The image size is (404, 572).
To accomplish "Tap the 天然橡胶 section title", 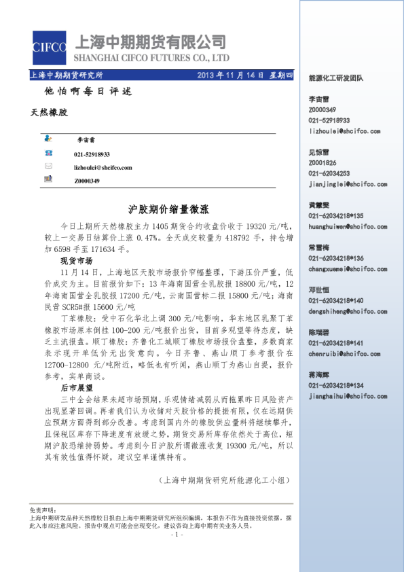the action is (x=50, y=111).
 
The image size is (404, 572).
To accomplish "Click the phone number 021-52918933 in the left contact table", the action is (x=92, y=154).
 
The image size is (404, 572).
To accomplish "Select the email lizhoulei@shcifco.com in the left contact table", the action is (x=103, y=167).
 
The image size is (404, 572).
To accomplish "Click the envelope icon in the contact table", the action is (x=48, y=166).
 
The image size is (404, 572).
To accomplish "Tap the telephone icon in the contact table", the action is (x=48, y=154).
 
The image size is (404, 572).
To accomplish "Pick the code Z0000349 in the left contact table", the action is (x=87, y=181).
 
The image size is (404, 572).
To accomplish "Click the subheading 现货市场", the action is (x=76, y=261).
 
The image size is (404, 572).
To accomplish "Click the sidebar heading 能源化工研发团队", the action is (x=335, y=79).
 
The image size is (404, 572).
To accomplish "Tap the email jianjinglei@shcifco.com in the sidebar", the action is (x=348, y=184).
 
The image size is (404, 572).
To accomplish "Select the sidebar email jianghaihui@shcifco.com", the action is (x=348, y=396).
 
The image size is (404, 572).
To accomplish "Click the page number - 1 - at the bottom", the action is (x=175, y=535).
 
